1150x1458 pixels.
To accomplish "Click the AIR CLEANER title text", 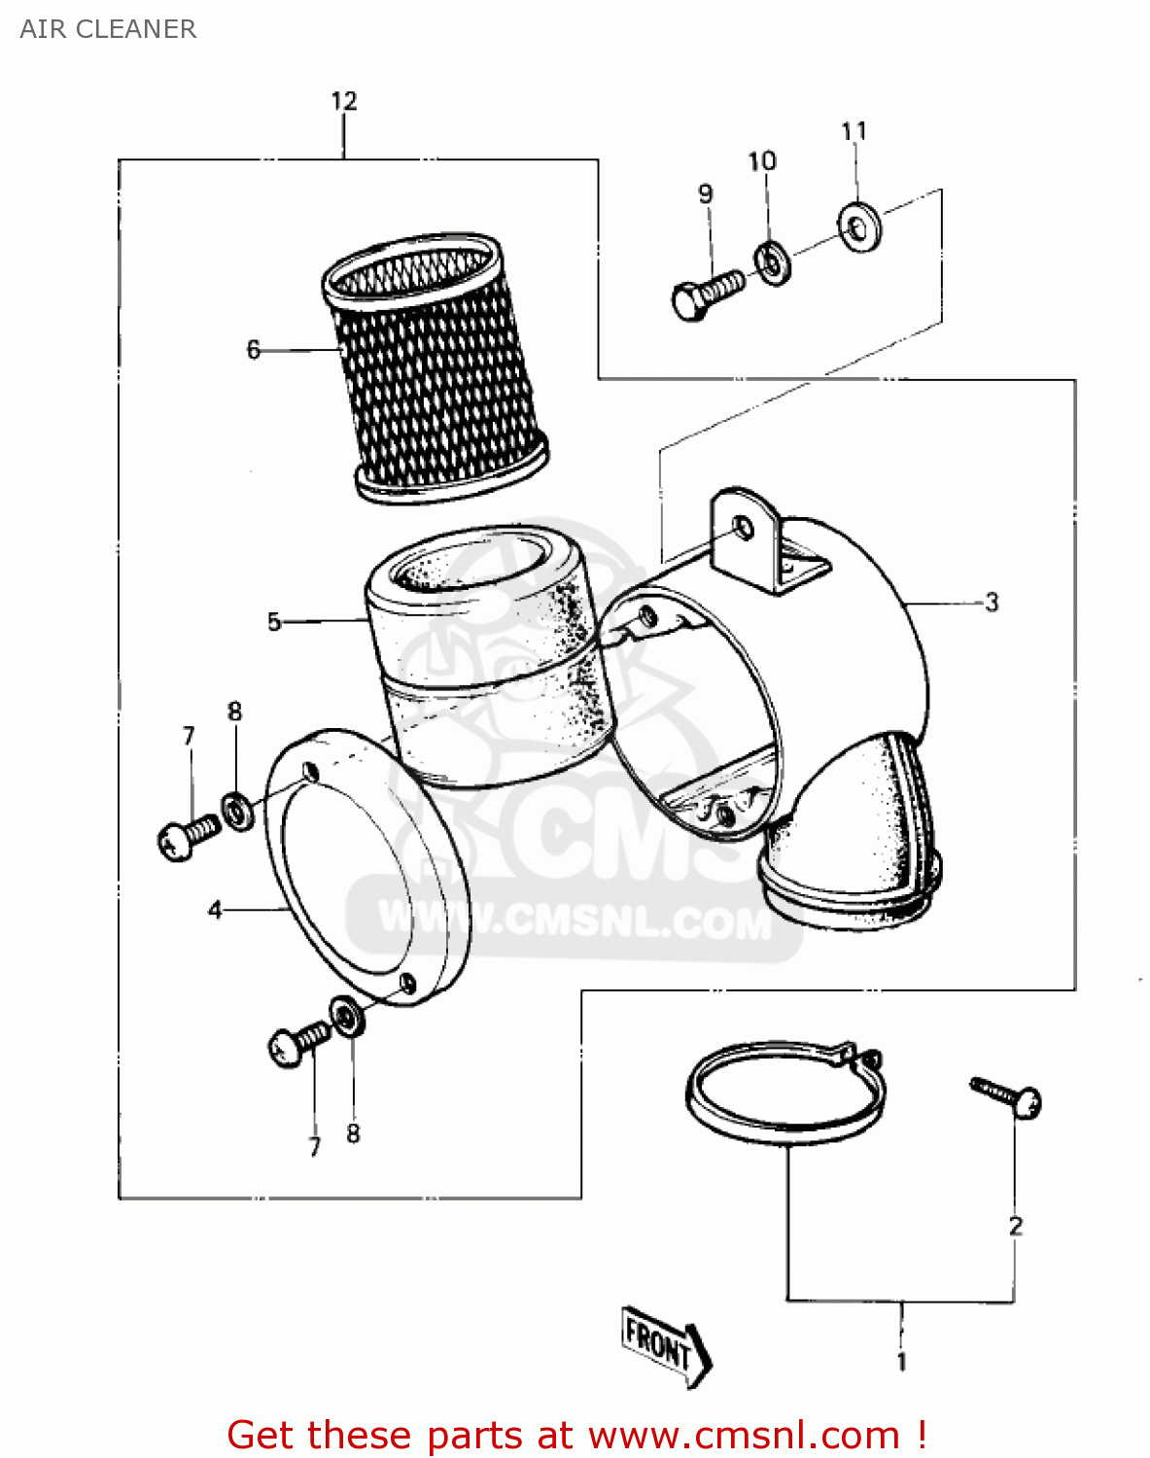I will point(108,29).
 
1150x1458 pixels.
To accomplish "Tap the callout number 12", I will point(343,101).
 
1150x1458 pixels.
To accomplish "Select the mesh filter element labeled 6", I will point(436,369).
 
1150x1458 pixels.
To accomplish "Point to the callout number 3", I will point(991,603).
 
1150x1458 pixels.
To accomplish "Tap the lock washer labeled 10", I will point(773,262).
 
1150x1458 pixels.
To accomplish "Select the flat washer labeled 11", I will point(859,227).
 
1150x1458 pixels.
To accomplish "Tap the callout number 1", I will point(901,1362).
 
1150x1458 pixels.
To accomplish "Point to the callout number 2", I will point(1015,1227).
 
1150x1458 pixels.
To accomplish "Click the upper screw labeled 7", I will point(186,837).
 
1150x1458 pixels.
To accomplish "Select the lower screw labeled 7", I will point(296,1044).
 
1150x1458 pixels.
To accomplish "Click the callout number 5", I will point(273,622).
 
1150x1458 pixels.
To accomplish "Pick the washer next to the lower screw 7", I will point(346,1016).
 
